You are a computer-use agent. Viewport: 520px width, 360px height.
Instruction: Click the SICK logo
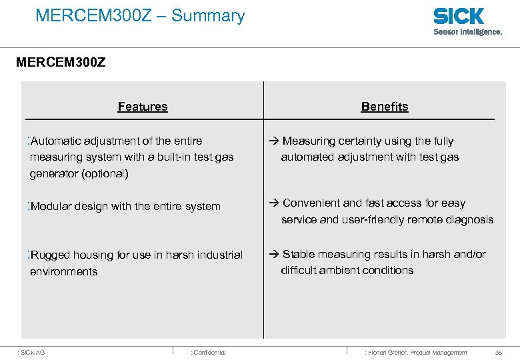click(459, 16)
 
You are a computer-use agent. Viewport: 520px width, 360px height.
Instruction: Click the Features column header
click(143, 107)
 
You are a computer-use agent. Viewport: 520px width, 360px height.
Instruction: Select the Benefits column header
click(385, 107)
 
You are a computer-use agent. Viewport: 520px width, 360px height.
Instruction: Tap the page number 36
click(499, 352)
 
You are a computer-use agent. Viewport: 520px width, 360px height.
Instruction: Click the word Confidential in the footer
click(209, 352)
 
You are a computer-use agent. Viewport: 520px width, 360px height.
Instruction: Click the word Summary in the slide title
click(208, 15)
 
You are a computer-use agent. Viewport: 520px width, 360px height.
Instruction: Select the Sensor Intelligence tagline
click(468, 31)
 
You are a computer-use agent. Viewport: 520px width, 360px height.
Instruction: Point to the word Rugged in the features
click(50, 255)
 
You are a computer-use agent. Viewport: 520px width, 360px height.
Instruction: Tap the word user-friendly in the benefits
click(379, 220)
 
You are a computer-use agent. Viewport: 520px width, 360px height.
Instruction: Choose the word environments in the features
click(64, 272)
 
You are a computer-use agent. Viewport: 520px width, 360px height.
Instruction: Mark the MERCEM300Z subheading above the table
click(61, 64)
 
